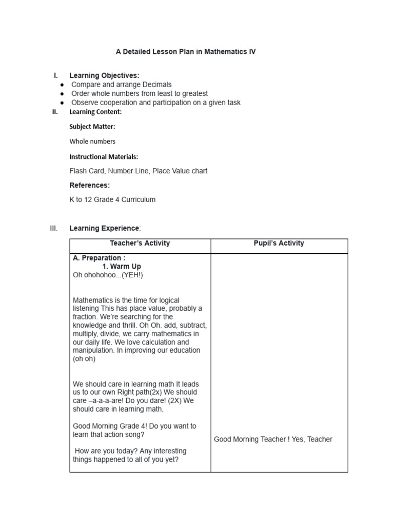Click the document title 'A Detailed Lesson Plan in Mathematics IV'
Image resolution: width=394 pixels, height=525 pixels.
185,52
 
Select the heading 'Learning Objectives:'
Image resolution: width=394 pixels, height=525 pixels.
104,76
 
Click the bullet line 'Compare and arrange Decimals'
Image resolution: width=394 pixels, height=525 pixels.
121,85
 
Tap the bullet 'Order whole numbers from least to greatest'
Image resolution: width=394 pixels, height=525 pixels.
140,94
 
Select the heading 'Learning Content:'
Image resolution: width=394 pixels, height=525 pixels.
95,112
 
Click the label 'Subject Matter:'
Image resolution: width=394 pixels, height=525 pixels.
92,127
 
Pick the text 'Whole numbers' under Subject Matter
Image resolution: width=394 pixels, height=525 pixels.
92,142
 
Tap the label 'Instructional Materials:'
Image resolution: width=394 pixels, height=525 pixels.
104,157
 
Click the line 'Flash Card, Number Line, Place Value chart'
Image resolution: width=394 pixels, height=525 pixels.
138,171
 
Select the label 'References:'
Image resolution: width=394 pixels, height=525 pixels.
89,185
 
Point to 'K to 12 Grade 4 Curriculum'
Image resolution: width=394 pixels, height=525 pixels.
112,200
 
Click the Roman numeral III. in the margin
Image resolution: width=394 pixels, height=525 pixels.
54,228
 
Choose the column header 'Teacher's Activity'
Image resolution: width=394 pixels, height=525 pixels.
140,244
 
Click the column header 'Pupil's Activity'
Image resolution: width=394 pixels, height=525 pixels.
279,244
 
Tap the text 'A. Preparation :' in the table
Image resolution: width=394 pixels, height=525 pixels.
99,258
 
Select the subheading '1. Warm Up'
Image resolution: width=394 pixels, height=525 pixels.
121,267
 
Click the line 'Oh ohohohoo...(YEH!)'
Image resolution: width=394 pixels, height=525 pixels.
108,275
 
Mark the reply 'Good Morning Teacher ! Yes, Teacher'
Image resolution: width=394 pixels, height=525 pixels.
273,439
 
